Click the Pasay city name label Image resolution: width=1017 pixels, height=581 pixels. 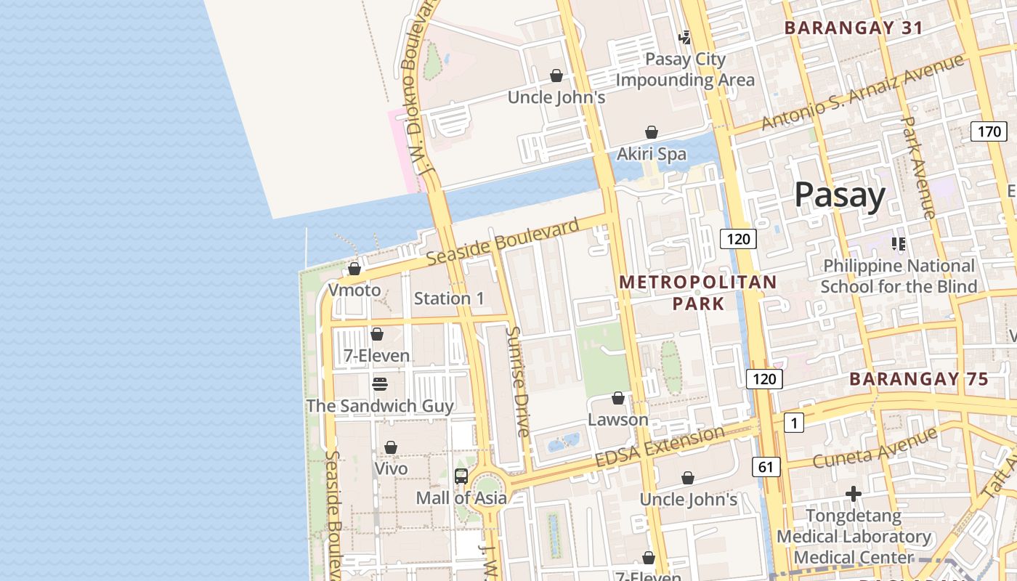pyautogui.click(x=839, y=195)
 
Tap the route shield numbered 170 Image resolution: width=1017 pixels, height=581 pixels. pyautogui.click(x=989, y=131)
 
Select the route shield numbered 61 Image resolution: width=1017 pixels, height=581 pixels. pyautogui.click(x=766, y=467)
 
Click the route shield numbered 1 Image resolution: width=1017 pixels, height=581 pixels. pyautogui.click(x=794, y=423)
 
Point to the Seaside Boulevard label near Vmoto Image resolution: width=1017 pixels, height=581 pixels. pyautogui.click(x=502, y=242)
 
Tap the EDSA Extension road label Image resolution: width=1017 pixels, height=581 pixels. pyautogui.click(x=660, y=447)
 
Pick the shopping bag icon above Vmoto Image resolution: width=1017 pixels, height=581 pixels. pyautogui.click(x=354, y=269)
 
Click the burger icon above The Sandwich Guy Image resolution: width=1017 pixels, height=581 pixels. pyautogui.click(x=380, y=383)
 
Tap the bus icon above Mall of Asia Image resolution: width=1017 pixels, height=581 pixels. pyautogui.click(x=461, y=476)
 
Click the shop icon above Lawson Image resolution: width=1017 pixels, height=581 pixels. pyautogui.click(x=618, y=398)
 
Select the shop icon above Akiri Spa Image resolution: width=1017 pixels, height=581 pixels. pyautogui.click(x=652, y=132)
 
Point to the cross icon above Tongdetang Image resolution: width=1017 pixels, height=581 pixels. pyautogui.click(x=854, y=495)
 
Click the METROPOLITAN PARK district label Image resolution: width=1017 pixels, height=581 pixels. pyautogui.click(x=697, y=293)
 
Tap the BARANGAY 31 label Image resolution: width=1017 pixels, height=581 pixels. pyautogui.click(x=854, y=28)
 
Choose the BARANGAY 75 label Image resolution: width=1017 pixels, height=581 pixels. pyautogui.click(x=918, y=379)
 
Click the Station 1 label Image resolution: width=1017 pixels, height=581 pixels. pyautogui.click(x=448, y=298)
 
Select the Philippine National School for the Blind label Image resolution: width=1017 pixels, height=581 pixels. pyautogui.click(x=899, y=276)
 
